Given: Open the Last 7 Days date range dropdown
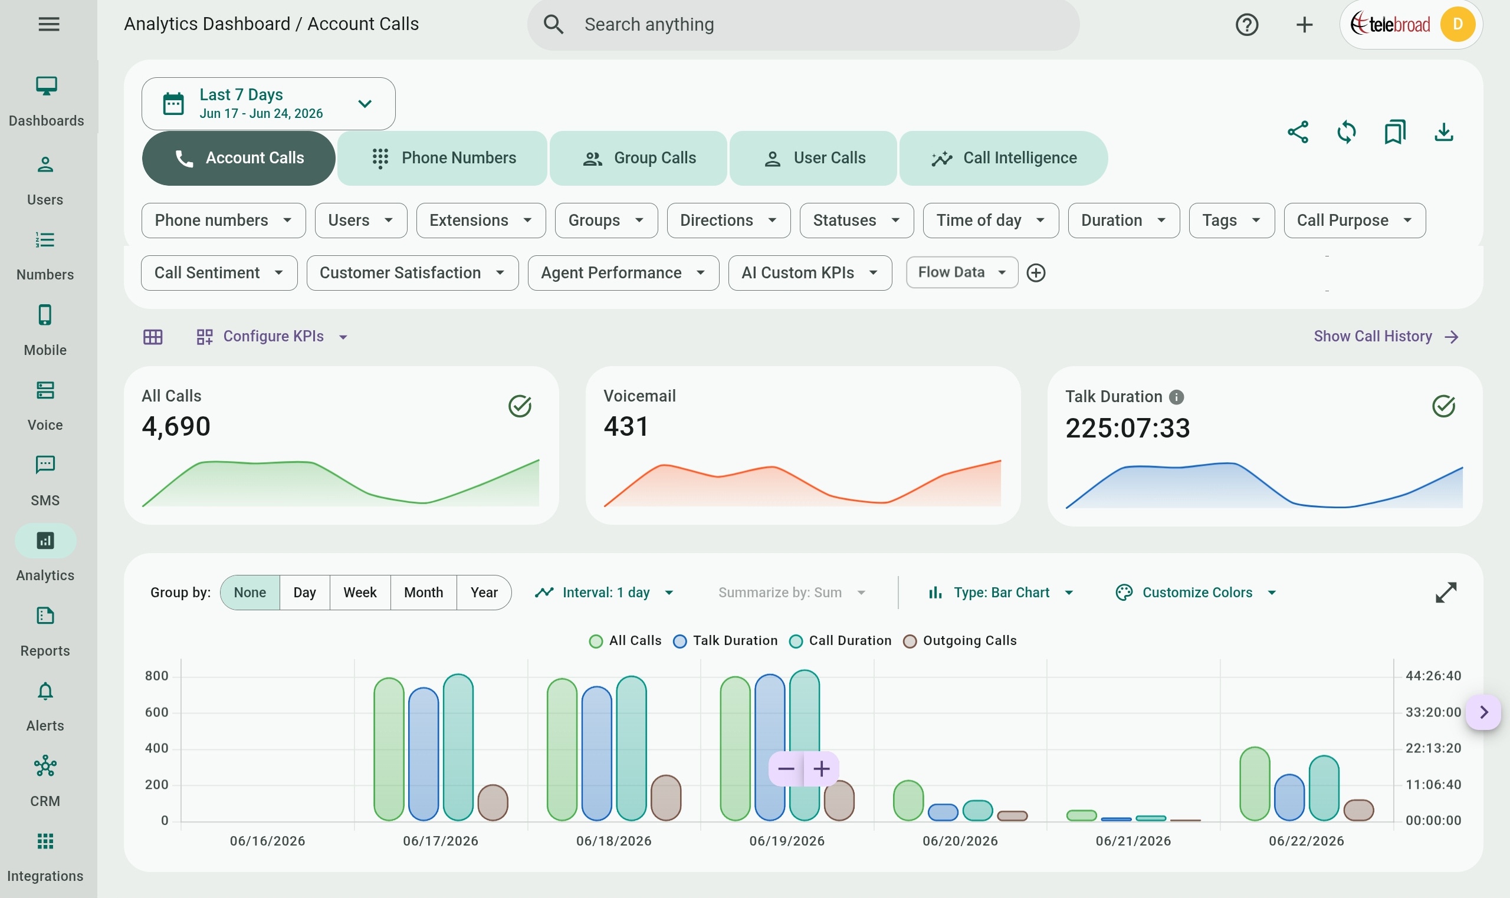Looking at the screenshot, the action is tap(268, 103).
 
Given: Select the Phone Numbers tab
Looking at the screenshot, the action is tap(442, 158).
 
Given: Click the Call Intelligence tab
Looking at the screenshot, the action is tap(1003, 158).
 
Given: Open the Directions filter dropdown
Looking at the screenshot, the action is tap(728, 221).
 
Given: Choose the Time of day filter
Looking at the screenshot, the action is tap(991, 221).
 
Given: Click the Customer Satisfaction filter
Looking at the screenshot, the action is tap(412, 273).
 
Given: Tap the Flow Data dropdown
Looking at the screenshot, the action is tap(961, 272).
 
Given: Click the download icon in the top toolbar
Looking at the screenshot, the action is tap(1443, 132).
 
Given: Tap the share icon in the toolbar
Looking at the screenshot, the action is tap(1298, 132).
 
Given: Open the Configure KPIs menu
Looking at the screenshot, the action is tap(273, 337).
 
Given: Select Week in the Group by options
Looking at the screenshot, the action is tap(360, 593).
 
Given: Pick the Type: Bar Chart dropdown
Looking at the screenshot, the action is tap(1001, 593).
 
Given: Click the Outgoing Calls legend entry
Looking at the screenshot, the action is tap(960, 641).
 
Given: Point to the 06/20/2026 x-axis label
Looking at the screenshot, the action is tap(960, 841).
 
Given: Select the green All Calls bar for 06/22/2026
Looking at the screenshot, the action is tap(1255, 784).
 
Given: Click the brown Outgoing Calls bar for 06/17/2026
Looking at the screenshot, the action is tap(493, 802).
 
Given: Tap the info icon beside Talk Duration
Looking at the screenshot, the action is tap(1176, 397).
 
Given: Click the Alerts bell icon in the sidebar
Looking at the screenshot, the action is tap(45, 691).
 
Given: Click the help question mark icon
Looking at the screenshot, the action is tap(1247, 25).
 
